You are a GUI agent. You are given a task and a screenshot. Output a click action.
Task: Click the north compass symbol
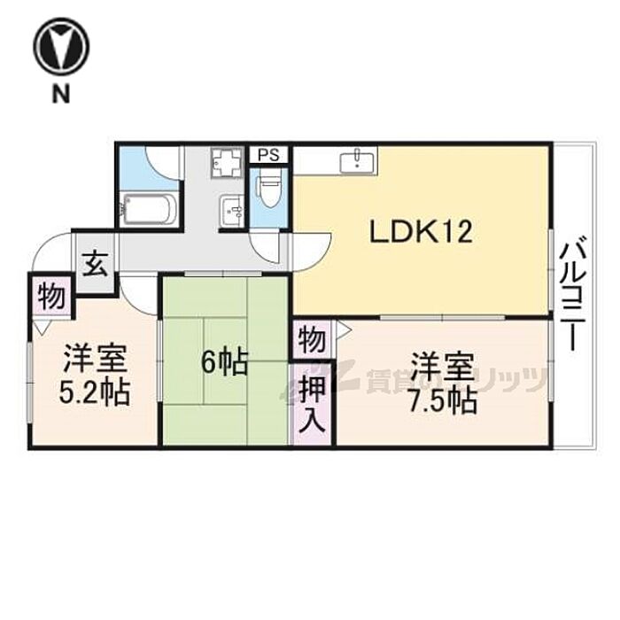point(61,46)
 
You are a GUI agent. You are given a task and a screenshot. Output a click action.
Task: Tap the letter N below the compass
point(61,95)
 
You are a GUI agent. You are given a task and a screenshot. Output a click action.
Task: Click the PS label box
point(269,155)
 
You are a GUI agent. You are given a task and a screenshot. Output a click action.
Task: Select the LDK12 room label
point(421,232)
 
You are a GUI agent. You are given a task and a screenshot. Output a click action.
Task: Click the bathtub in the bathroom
point(148,209)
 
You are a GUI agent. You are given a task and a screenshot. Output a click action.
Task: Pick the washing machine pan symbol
point(226,163)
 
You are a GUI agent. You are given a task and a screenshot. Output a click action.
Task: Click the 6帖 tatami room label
point(224,361)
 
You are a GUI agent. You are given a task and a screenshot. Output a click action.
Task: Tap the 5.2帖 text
point(95,391)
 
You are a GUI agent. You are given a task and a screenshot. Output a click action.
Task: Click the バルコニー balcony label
point(574,292)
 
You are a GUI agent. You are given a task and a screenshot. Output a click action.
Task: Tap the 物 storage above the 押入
point(312,339)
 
